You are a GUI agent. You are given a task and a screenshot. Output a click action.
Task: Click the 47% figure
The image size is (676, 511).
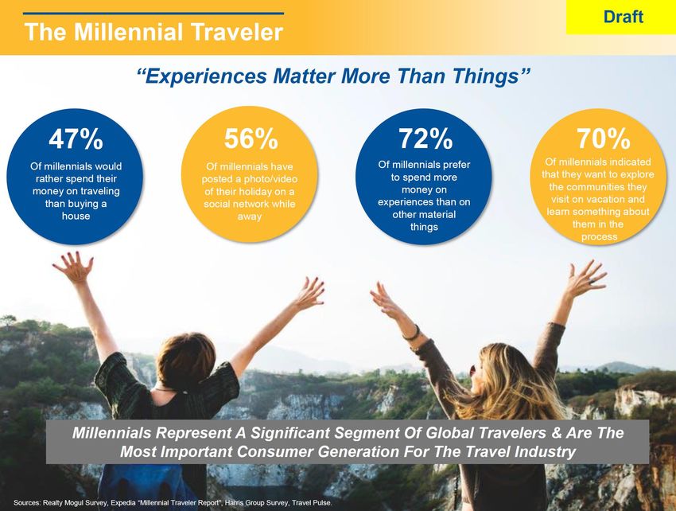tap(76, 138)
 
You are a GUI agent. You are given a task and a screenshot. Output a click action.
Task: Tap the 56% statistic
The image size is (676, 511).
tap(251, 138)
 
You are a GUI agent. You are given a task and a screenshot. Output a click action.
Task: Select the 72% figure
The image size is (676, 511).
tap(425, 138)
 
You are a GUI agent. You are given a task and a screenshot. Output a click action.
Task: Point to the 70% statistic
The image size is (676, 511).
tap(604, 138)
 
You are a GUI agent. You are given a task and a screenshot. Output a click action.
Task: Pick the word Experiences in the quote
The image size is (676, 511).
tap(206, 77)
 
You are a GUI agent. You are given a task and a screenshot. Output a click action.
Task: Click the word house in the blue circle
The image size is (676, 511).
tap(76, 216)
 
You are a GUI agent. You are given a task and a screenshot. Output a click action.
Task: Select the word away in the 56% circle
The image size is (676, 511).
tap(250, 216)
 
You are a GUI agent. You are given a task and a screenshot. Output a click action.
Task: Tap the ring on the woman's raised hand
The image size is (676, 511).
tap(591, 282)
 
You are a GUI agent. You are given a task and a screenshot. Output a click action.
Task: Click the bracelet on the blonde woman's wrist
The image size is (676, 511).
tap(411, 333)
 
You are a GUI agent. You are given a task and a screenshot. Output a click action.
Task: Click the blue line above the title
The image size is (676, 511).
tap(153, 14)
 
